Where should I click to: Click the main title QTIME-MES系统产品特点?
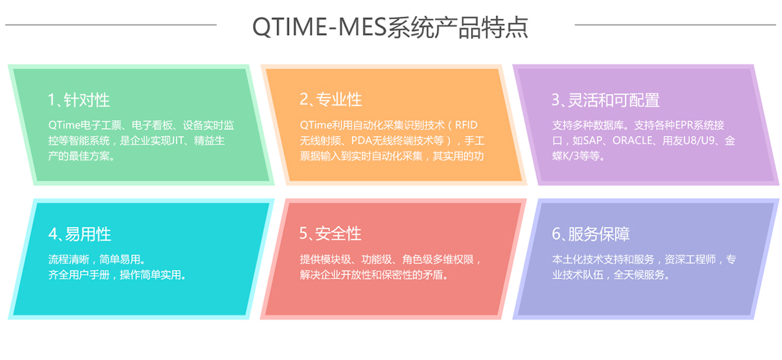pyautogui.click(x=390, y=27)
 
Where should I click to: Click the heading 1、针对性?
pyautogui.click(x=79, y=100)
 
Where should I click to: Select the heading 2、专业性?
pyautogui.click(x=331, y=99)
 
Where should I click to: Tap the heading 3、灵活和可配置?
pyautogui.click(x=606, y=100)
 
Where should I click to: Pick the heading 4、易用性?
pyautogui.click(x=80, y=234)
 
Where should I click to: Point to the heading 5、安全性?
pyautogui.click(x=331, y=233)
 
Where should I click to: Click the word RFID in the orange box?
pyautogui.click(x=467, y=125)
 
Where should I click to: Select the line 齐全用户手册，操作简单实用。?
pyautogui.click(x=118, y=274)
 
